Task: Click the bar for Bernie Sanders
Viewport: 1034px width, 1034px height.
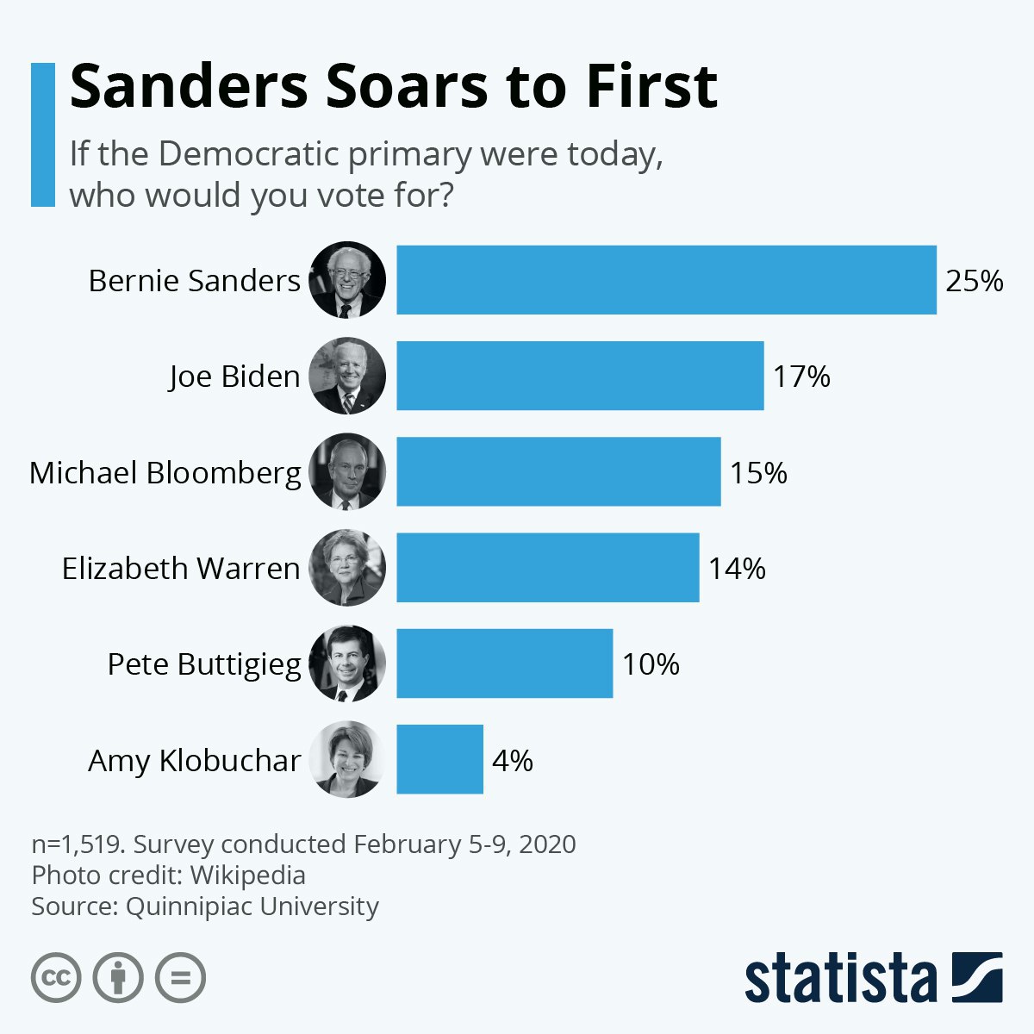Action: tap(666, 280)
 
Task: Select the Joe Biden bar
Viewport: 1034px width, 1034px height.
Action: tap(580, 376)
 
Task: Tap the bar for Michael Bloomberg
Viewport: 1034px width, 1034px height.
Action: tap(558, 471)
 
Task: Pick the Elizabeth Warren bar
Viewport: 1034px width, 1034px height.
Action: tap(547, 568)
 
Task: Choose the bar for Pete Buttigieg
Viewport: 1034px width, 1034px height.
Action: tap(504, 663)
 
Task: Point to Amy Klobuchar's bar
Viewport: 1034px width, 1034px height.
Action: tap(439, 759)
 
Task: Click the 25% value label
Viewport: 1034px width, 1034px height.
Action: tap(975, 281)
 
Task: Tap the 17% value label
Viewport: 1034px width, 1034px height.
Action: tap(801, 377)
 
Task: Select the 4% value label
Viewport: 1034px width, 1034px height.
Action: tap(513, 760)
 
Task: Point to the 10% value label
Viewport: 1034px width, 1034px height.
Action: tap(651, 664)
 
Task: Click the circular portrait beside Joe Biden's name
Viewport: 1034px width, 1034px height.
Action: tap(347, 376)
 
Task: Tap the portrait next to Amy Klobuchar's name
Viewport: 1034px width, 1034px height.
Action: tap(347, 759)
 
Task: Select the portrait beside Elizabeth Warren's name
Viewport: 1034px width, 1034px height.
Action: tap(347, 568)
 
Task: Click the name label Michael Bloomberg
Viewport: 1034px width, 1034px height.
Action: tap(165, 473)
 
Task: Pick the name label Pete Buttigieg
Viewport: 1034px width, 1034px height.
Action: tap(204, 664)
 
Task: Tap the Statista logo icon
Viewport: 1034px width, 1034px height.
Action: tap(977, 977)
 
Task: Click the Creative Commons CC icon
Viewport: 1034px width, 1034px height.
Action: tap(56, 978)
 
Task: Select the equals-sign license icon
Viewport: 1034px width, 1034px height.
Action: tap(181, 978)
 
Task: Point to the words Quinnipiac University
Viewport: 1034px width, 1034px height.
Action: tap(252, 906)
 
